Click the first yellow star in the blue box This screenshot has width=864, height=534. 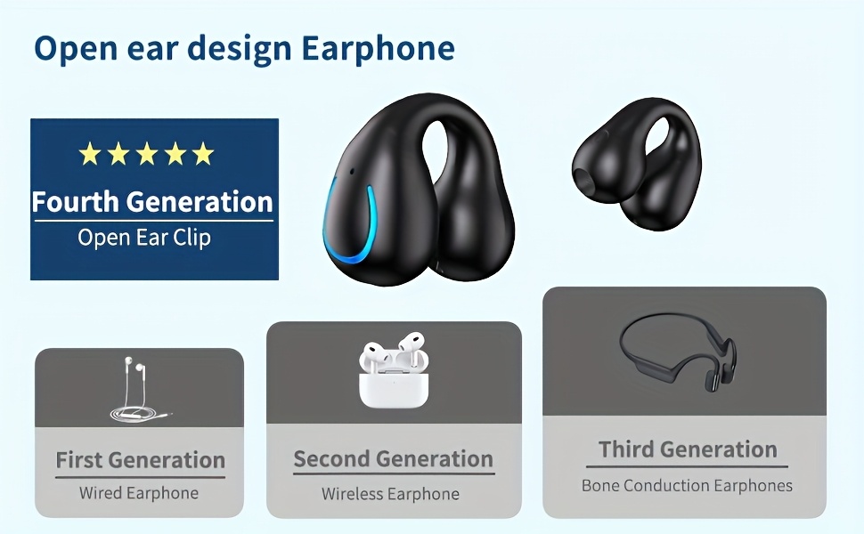90,154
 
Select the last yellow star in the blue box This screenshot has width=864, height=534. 203,154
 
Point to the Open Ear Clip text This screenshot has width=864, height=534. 144,238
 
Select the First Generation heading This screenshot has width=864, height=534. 140,460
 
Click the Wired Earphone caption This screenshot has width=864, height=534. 139,493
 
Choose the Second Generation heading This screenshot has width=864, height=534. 393,459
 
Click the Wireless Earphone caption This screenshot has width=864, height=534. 390,494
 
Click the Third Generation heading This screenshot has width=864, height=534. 688,449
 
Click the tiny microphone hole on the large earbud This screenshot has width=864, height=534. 352,171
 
